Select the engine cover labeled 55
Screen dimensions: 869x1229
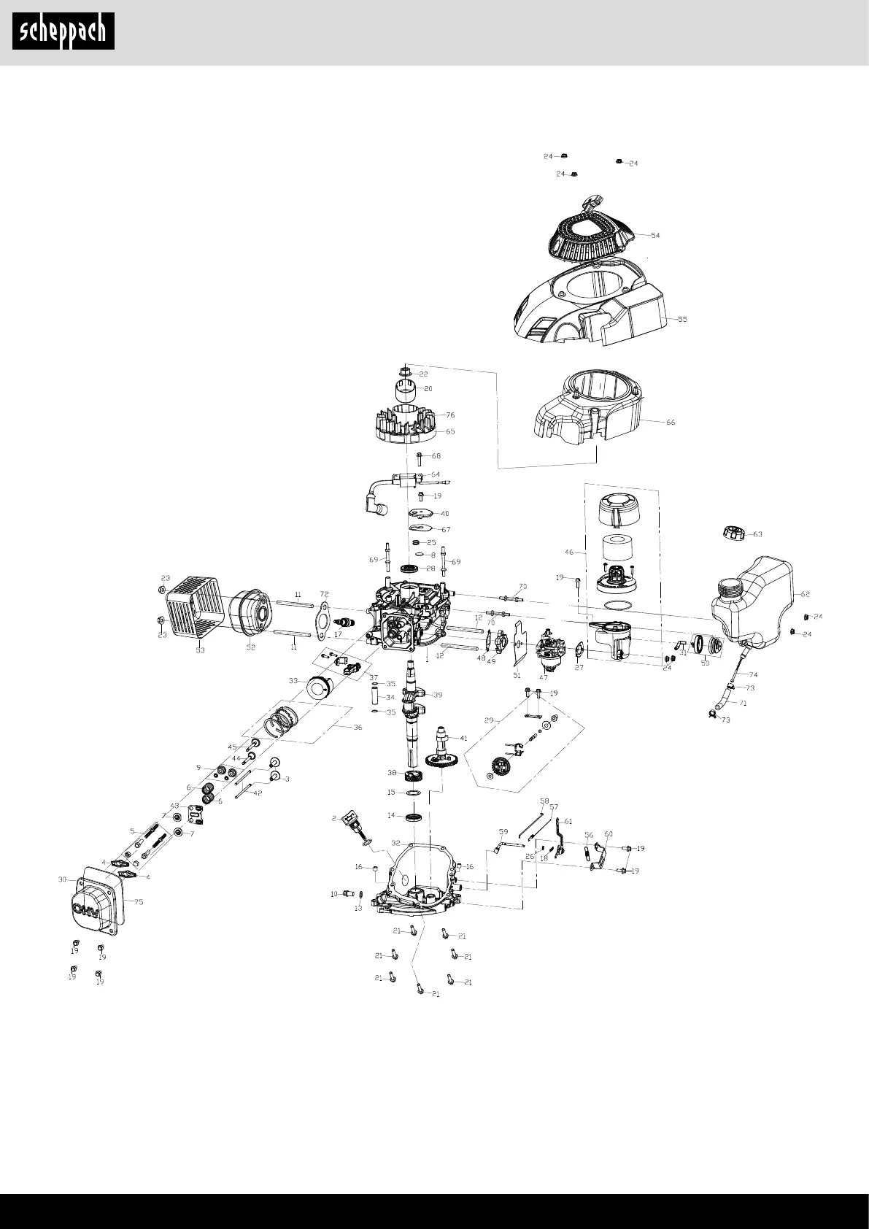click(584, 303)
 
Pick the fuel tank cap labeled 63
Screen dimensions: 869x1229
click(732, 533)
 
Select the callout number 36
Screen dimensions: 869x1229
click(358, 727)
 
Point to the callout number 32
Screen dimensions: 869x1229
click(395, 841)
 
